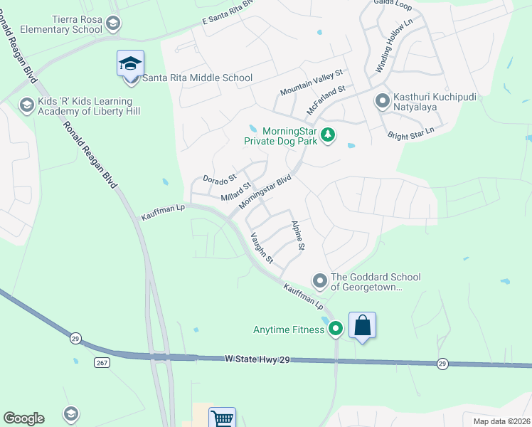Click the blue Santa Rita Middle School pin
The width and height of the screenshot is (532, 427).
[x=130, y=65]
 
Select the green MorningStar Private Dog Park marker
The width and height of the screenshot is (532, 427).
[x=327, y=135]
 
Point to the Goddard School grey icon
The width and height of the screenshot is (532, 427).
[x=319, y=281]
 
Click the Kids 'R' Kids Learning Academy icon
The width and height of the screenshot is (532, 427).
[x=27, y=105]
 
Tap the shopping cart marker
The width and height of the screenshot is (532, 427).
[x=222, y=419]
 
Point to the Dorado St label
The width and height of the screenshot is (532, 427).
[x=218, y=179]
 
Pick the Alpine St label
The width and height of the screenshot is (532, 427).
[x=297, y=236]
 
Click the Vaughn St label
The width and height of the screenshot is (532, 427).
[x=261, y=248]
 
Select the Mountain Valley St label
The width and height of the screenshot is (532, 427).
[x=312, y=83]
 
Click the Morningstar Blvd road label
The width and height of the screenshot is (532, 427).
[x=265, y=193]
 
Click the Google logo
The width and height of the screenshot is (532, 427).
[x=23, y=418]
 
